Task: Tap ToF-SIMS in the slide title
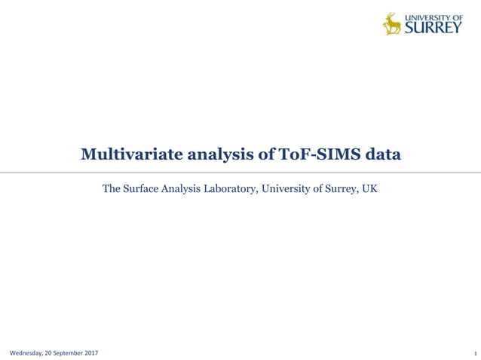point(316,155)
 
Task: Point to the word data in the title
point(382,155)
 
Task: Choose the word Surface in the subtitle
point(143,188)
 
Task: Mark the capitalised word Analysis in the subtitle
point(185,189)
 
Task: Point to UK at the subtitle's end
point(369,188)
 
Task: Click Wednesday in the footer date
point(26,353)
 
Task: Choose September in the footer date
point(67,353)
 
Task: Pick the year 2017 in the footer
point(90,353)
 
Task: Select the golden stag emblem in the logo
point(392,23)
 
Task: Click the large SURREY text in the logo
point(434,29)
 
